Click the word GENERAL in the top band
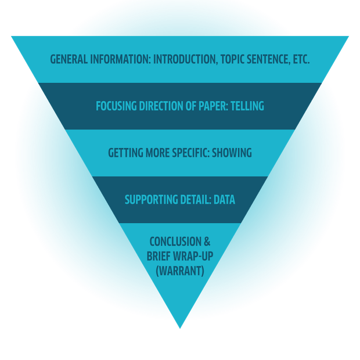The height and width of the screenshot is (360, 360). [67, 59]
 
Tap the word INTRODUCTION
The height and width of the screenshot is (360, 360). [185, 59]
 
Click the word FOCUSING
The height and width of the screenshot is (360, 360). [117, 106]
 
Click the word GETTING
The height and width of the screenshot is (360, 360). [126, 153]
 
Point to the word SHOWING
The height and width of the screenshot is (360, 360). [232, 153]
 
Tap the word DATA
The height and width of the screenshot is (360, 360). [224, 200]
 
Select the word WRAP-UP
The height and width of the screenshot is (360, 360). [192, 255]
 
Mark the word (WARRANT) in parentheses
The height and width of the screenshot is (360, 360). [180, 270]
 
